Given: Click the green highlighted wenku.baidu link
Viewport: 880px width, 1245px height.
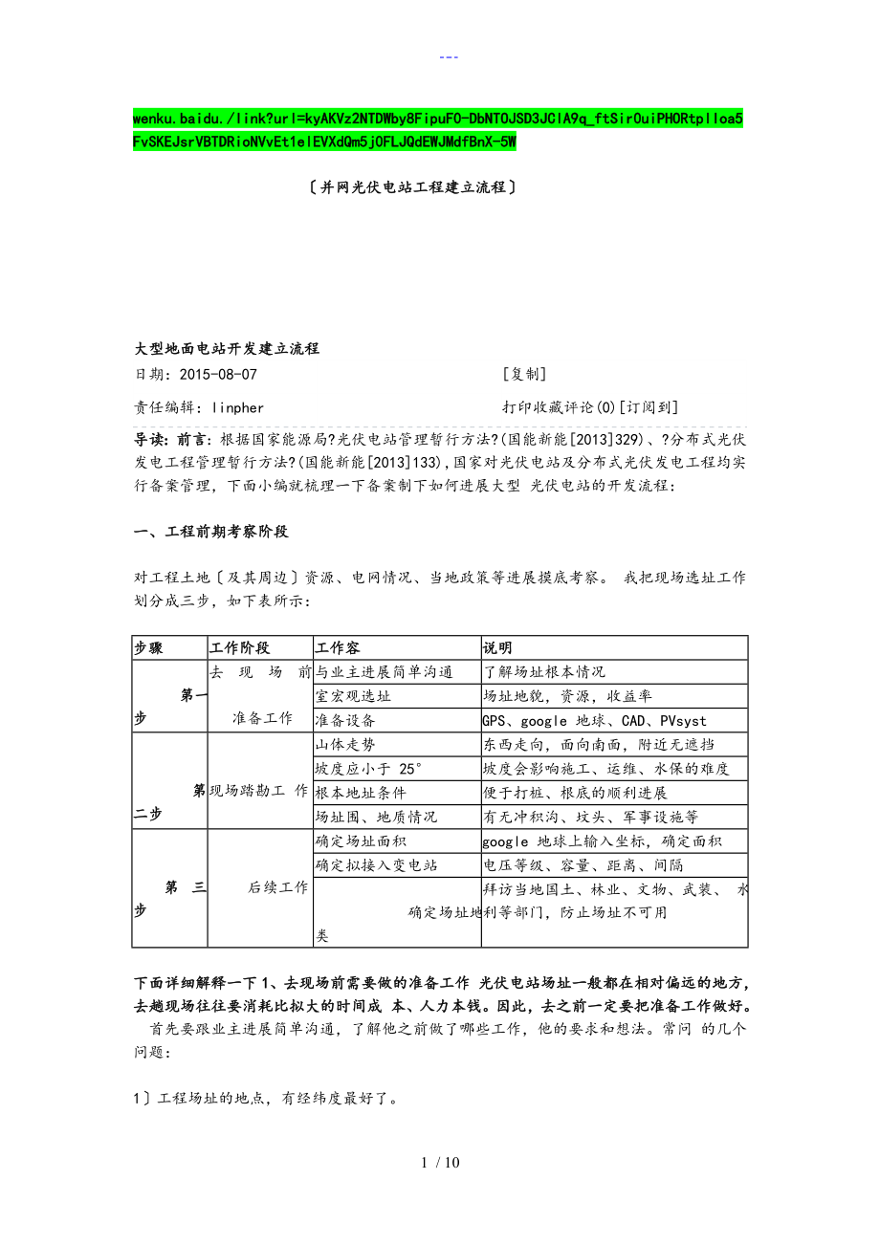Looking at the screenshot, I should pyautogui.click(x=438, y=130).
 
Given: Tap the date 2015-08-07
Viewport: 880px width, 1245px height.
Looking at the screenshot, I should pyautogui.click(x=218, y=375).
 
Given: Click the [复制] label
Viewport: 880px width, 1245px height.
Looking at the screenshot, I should pyautogui.click(x=524, y=375).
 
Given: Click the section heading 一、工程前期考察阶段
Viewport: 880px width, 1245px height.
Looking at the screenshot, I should pyautogui.click(x=210, y=532).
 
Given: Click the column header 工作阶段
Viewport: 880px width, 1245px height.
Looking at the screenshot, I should pyautogui.click(x=239, y=648).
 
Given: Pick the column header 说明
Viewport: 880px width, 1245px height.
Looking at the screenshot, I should pyautogui.click(x=497, y=648).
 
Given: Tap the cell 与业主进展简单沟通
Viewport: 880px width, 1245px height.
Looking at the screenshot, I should pyautogui.click(x=384, y=672).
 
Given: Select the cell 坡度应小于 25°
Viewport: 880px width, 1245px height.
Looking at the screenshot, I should pyautogui.click(x=368, y=769).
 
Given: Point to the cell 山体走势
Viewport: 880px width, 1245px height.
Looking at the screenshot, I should pyautogui.click(x=345, y=745).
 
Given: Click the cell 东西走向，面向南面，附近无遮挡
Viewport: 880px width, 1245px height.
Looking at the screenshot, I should pyautogui.click(x=598, y=745).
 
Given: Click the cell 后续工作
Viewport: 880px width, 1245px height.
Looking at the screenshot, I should pyautogui.click(x=277, y=887).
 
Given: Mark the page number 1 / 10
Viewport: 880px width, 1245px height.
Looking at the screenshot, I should pyautogui.click(x=439, y=1163).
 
